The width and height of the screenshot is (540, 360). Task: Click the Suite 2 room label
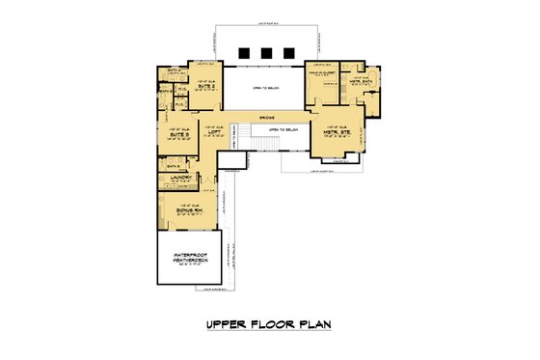205,85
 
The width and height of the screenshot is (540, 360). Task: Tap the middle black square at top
268,52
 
